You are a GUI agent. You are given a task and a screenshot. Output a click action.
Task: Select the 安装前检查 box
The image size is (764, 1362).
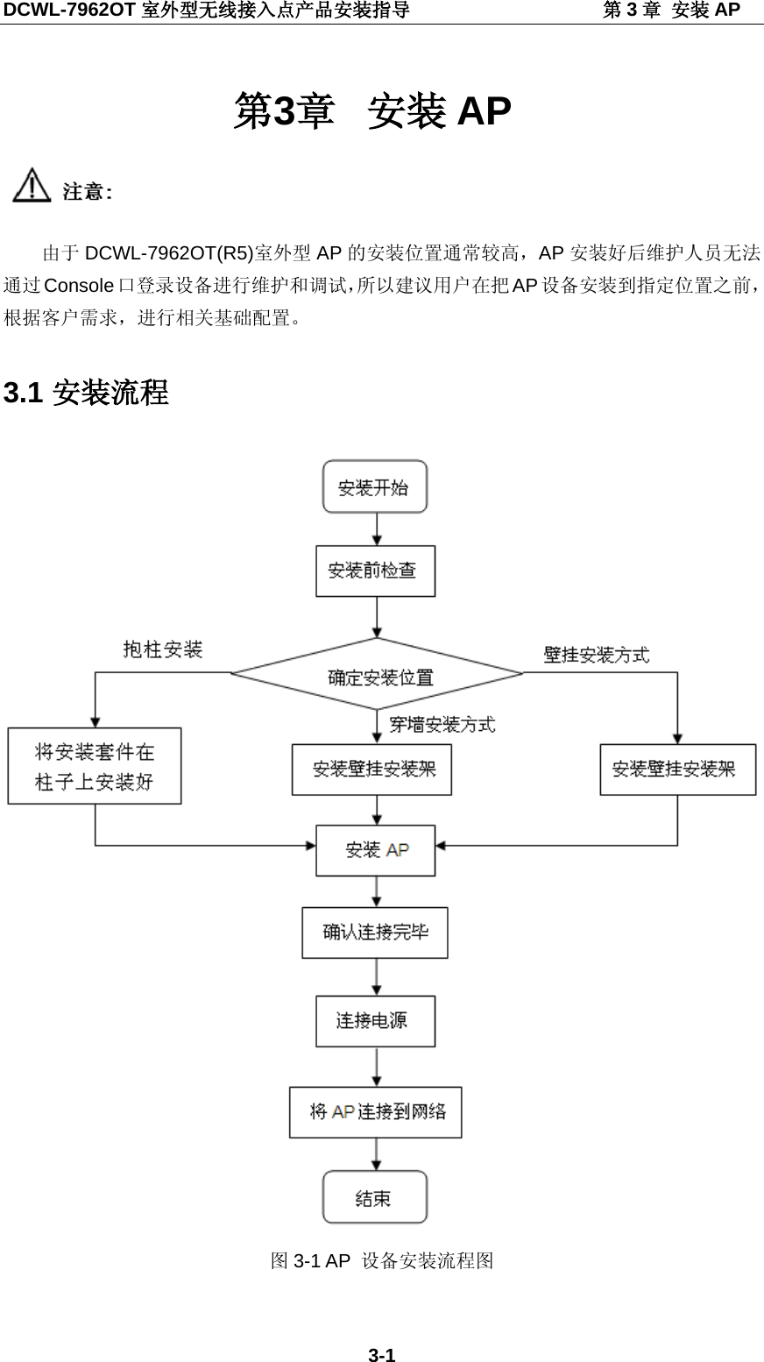[x=375, y=571]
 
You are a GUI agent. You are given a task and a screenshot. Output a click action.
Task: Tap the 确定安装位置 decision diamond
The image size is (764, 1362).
[x=378, y=676]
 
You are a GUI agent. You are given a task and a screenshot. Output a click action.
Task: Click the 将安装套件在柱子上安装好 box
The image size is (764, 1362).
[x=95, y=766]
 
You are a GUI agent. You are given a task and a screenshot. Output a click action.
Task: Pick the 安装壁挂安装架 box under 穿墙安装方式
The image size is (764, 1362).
[x=371, y=770]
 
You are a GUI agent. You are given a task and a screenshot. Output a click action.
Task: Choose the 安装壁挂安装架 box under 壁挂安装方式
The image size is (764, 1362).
[x=677, y=770]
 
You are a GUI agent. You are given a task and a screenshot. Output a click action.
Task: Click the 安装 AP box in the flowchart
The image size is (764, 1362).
[x=375, y=850]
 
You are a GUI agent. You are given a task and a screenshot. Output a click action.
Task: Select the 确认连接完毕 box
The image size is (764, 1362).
[x=375, y=933]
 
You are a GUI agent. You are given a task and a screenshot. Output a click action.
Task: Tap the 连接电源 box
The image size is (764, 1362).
[x=375, y=1021]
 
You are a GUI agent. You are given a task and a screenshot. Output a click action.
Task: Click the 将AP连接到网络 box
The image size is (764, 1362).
[x=375, y=1112]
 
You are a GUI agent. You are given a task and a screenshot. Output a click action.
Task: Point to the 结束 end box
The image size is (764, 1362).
[x=375, y=1197]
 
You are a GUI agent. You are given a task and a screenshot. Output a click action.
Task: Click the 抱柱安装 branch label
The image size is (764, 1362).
[x=163, y=649]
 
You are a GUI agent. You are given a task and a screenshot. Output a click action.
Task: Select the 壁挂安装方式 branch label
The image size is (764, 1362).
[x=597, y=655]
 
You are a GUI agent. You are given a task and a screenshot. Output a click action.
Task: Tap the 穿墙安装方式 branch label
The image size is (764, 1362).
[x=442, y=724]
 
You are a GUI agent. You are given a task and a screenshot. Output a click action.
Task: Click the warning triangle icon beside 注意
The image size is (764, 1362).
[x=32, y=186]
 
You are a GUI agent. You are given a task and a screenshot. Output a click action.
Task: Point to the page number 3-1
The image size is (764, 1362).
[x=381, y=1355]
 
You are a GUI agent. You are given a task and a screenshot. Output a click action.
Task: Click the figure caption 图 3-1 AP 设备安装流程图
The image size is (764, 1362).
[x=382, y=1260]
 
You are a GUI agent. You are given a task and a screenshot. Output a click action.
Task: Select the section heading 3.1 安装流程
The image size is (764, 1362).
[x=86, y=393]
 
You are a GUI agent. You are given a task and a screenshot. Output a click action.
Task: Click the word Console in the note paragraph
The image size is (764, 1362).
[x=79, y=286]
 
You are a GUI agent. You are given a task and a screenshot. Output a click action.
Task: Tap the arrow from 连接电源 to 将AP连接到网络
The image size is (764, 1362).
[x=377, y=1067]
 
